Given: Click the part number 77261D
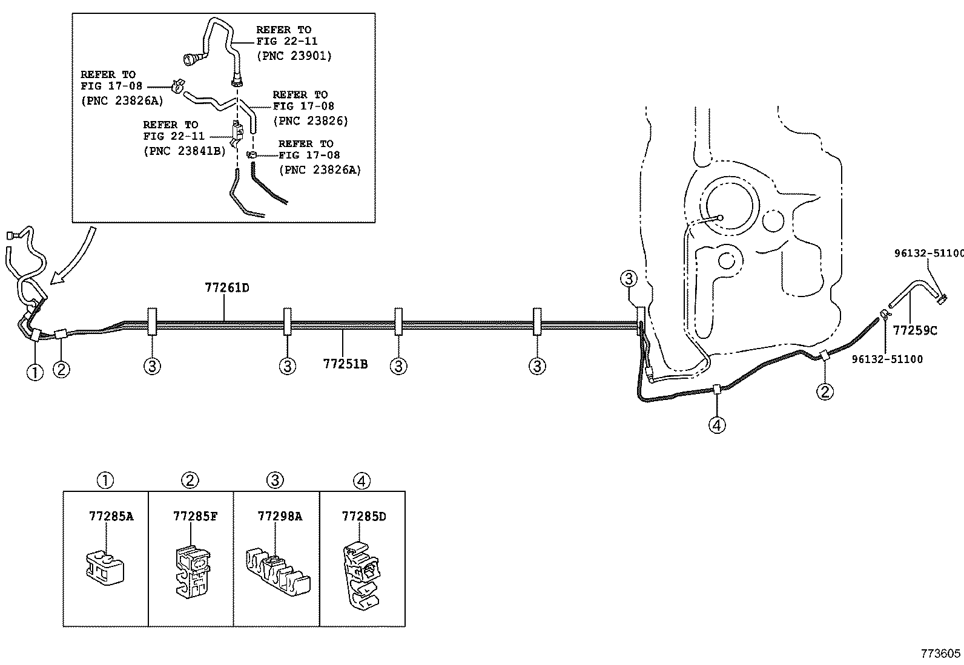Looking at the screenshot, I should pos(226,288).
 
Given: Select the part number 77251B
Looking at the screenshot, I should pos(345,364).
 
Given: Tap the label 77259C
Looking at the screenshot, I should pos(915,330).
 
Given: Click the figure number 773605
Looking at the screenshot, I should pos(940,654).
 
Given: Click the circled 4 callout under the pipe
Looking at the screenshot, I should pos(716,425).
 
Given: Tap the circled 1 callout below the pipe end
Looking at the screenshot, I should pos(35,372).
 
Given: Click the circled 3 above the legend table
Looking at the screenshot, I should pos(275,480).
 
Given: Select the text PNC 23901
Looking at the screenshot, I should pos(294,56).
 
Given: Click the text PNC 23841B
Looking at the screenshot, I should pos(184,151).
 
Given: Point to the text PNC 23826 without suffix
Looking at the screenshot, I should pos(311,120).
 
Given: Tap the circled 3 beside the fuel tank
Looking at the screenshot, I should pos(629,279).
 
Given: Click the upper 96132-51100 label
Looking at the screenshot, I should pos(928,253).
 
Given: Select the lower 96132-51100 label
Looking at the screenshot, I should pos(887,359).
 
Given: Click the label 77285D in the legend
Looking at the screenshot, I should pos(363,516).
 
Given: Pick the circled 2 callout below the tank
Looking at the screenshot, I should pos(825,391).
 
